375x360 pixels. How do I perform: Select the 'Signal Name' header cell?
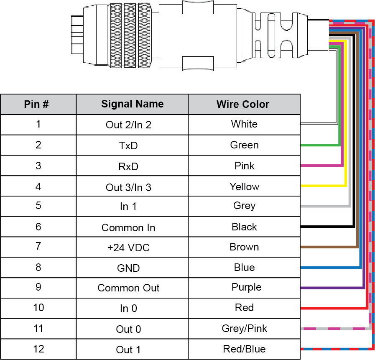[x=132, y=104]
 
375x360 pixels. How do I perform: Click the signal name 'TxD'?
[x=128, y=146]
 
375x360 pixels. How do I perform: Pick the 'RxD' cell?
[x=128, y=166]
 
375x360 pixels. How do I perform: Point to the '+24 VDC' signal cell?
[x=128, y=248]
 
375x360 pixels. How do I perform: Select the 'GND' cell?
[x=128, y=268]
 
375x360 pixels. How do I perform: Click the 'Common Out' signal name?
[x=128, y=288]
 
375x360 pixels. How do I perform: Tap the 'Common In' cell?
[x=128, y=227]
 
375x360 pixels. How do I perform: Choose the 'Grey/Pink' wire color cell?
[x=244, y=329]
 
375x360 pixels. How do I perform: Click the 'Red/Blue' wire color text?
[x=244, y=349]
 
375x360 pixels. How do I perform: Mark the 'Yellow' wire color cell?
[x=244, y=186]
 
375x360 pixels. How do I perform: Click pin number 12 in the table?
[x=38, y=349]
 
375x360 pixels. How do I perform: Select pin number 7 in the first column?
[x=38, y=246]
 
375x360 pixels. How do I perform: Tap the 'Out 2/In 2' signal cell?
[x=128, y=125]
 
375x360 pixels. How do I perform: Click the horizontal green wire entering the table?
[x=320, y=145]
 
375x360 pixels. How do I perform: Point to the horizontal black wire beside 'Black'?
[x=326, y=227]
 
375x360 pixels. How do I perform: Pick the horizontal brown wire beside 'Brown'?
[x=328, y=247]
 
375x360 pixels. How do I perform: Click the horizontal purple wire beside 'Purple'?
[x=330, y=288]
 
